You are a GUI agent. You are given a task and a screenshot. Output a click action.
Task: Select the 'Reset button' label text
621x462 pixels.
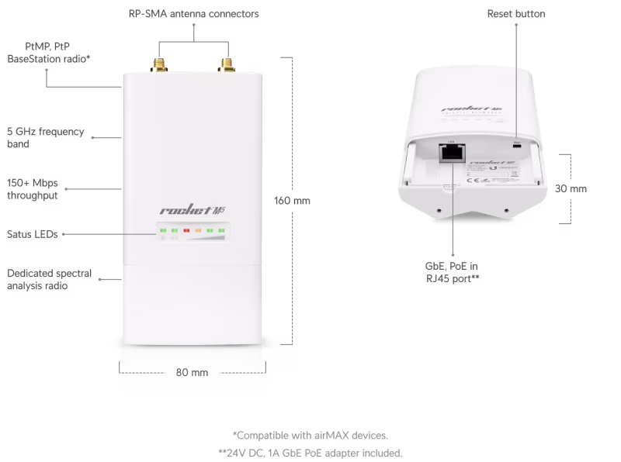click(516, 14)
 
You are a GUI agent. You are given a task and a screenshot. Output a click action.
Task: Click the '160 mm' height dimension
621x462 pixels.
click(292, 201)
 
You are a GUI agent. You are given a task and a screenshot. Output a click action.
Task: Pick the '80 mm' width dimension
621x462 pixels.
click(192, 372)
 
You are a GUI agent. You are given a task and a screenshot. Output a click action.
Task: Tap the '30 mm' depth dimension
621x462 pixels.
click(572, 188)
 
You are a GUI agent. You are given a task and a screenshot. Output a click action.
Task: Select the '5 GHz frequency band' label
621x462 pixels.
click(45, 138)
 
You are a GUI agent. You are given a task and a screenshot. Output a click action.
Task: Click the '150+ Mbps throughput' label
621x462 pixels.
click(33, 189)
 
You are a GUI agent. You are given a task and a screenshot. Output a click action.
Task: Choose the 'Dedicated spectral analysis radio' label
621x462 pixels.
click(49, 279)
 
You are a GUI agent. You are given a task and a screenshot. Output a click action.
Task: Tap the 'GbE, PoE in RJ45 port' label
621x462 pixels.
click(449, 271)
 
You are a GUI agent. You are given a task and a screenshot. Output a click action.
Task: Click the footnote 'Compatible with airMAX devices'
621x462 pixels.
click(310, 435)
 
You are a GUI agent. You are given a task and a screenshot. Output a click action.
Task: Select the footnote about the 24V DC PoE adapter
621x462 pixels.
click(310, 453)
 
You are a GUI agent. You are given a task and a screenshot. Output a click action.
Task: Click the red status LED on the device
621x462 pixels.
click(187, 230)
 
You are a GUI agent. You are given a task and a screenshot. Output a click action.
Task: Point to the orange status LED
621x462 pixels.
click(199, 230)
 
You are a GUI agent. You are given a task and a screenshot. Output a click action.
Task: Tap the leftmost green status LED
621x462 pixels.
click(164, 230)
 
